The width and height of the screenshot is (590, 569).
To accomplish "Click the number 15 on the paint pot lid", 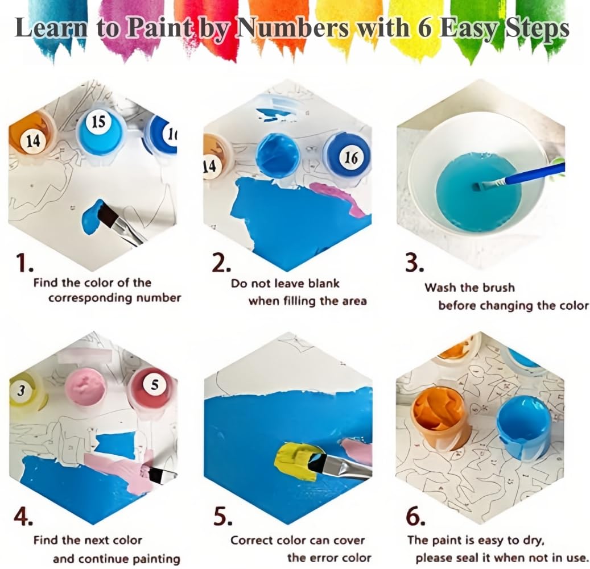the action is click(x=98, y=122).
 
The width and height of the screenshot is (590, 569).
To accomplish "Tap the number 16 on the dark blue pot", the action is click(x=351, y=157).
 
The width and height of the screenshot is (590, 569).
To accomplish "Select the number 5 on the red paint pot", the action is click(x=155, y=385).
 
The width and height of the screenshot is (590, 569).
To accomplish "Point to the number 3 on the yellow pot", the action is click(x=21, y=391).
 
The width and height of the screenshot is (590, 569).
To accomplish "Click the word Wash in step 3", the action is click(x=440, y=288).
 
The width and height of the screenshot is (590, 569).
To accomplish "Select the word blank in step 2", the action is click(x=324, y=283).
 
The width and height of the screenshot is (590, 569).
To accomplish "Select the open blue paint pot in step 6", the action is click(x=523, y=426).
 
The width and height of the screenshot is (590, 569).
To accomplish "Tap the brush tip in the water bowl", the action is click(x=477, y=186).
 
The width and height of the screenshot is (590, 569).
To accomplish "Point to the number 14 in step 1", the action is click(x=33, y=142).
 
